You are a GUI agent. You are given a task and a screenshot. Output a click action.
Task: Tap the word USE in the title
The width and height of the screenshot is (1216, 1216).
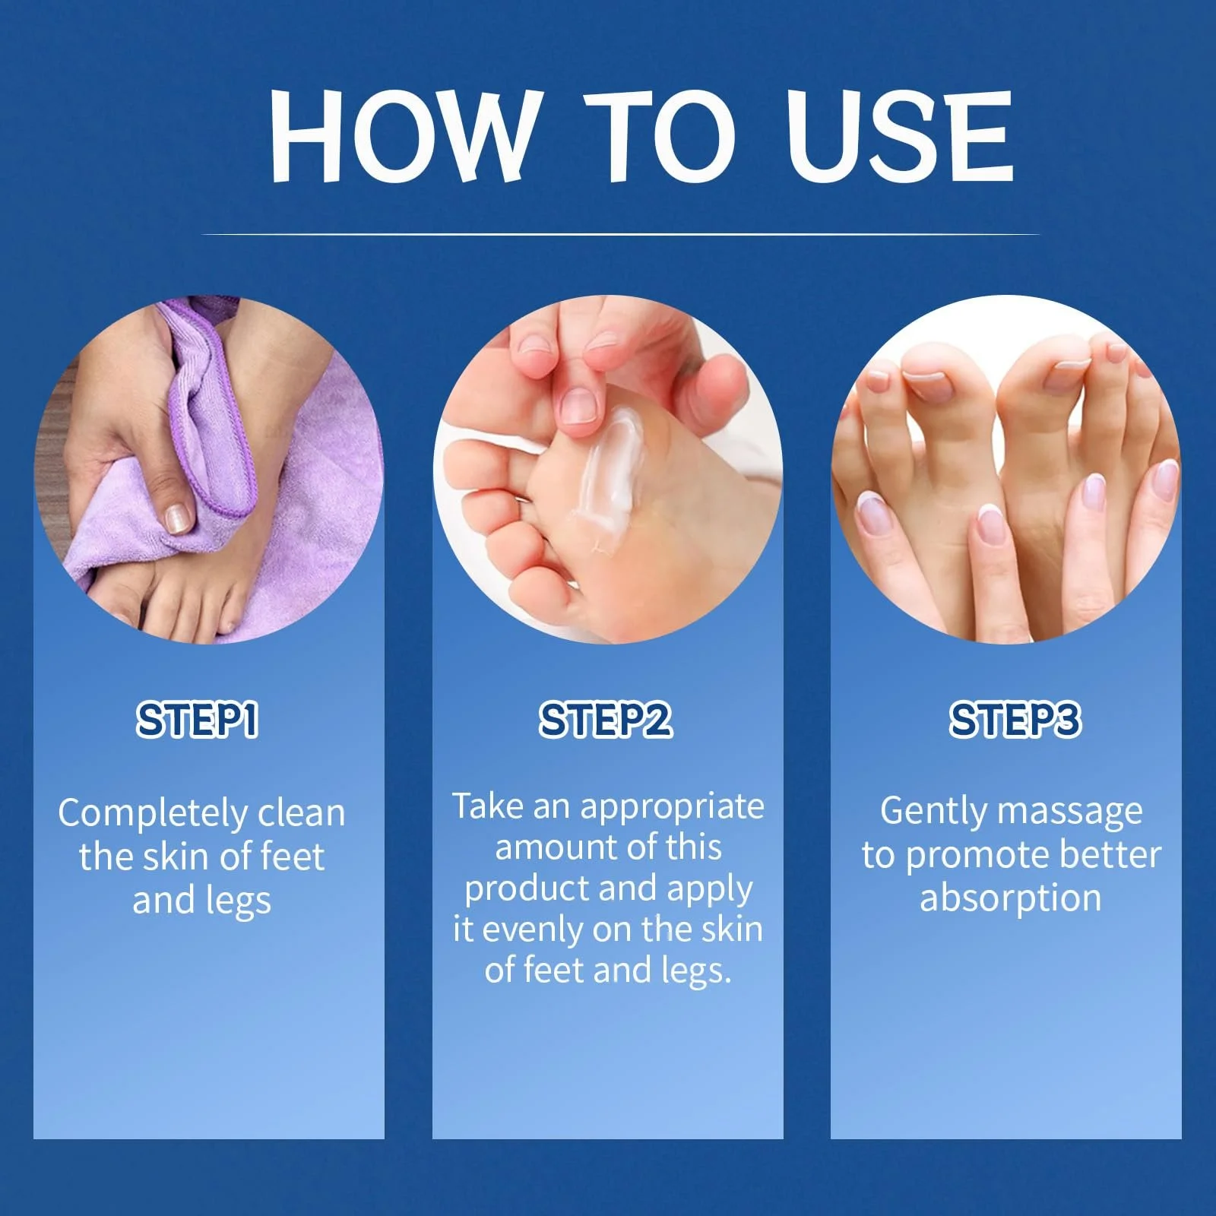point(900,136)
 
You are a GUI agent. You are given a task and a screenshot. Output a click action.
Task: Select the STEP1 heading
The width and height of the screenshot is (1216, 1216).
point(198,720)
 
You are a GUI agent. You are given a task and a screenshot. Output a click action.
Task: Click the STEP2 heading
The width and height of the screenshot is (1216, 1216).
point(606,720)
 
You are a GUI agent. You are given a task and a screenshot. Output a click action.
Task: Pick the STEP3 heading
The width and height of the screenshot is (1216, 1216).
point(1015,720)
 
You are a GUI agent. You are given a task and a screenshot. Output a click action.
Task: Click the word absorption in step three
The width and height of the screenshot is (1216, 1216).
point(1010,898)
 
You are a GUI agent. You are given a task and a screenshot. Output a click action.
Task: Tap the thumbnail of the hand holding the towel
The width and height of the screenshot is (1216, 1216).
point(179,517)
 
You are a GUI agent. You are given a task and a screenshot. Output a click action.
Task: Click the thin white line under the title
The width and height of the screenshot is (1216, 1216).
point(620,234)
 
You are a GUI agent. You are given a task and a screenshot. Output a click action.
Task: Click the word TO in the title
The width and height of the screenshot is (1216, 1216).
point(660,136)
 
